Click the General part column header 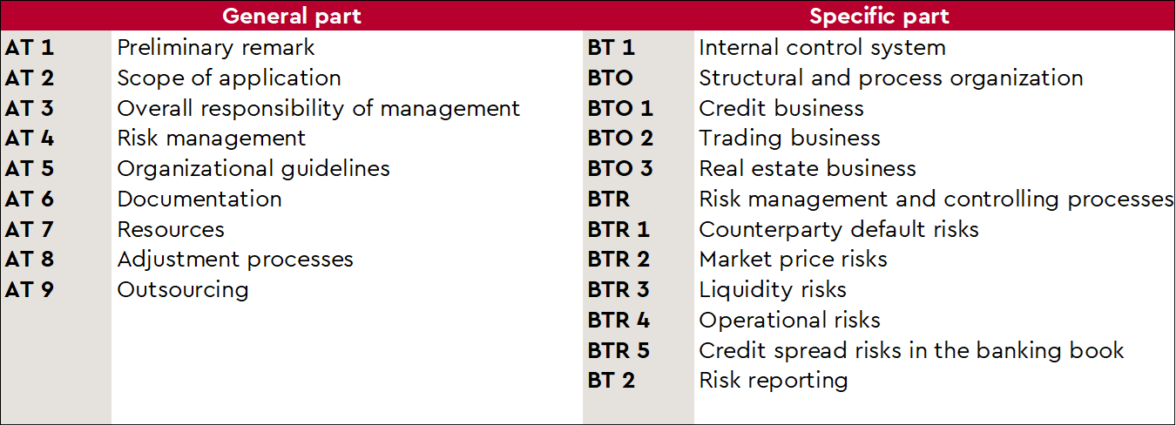coord(292,17)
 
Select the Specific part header coord(879,17)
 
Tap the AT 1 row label coord(30,48)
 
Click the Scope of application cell coord(229,78)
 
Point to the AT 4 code coord(30,139)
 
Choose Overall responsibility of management coord(319,109)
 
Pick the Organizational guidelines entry coord(253,170)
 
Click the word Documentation coord(199,199)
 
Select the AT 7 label coord(30,229)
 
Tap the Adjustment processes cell coord(235,260)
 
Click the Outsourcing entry coord(183,290)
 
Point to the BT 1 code coord(612,48)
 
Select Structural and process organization coord(891,78)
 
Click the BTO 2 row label coord(620,139)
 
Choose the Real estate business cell coord(808,169)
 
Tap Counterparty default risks coord(839,230)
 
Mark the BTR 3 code coord(618,290)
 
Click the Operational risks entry coord(789,321)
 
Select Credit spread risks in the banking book coord(911,351)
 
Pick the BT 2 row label coord(612,381)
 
